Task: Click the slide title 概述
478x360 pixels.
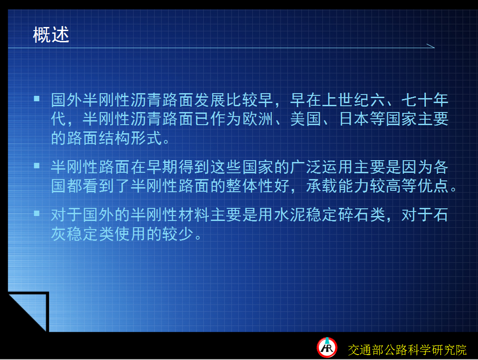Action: click(51, 35)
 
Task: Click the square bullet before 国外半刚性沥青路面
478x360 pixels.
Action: click(36, 98)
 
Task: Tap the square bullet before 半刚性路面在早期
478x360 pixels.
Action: click(36, 166)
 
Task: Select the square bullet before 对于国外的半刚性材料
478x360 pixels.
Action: click(36, 213)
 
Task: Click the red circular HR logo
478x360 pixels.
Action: click(327, 347)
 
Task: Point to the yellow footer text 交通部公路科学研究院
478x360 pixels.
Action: click(407, 350)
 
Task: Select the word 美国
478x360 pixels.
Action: click(306, 119)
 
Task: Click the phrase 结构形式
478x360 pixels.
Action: click(130, 138)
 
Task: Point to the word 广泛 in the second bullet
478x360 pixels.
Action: click(306, 167)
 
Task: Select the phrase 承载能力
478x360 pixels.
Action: click(338, 186)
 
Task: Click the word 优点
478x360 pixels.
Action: click(433, 186)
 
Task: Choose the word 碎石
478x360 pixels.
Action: click(354, 215)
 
